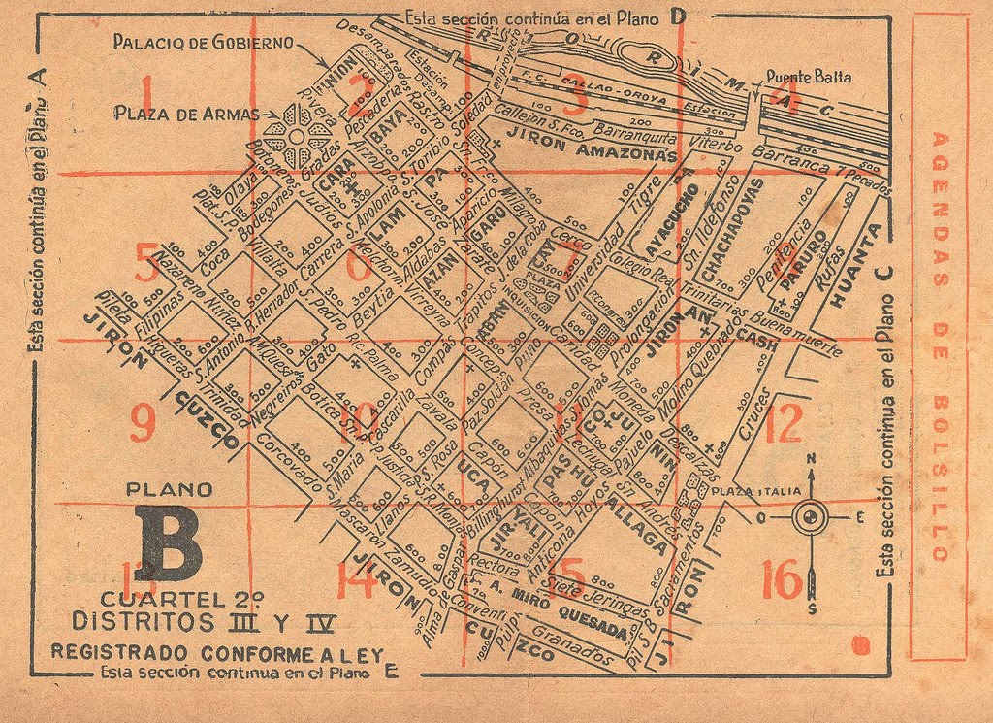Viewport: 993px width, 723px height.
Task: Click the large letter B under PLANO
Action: (x=170, y=546)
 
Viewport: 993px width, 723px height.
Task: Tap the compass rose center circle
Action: (x=810, y=517)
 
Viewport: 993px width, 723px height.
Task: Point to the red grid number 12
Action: (x=783, y=424)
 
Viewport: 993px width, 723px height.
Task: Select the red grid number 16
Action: (x=782, y=580)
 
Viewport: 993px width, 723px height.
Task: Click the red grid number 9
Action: (x=142, y=423)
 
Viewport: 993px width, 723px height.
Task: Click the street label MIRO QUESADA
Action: (x=559, y=612)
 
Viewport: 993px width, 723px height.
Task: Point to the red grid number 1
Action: (x=147, y=94)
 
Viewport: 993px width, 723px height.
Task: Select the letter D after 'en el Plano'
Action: (x=678, y=16)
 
